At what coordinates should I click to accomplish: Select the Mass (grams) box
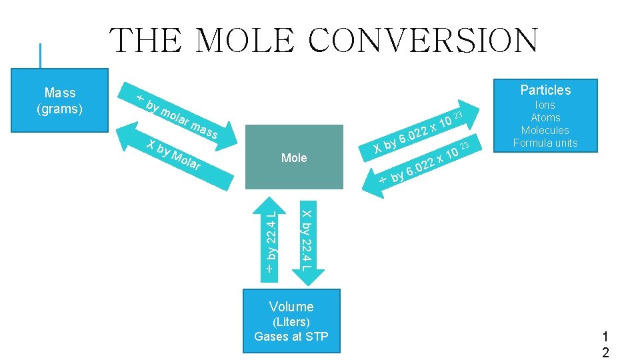click(60, 100)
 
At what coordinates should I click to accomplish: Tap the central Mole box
click(294, 158)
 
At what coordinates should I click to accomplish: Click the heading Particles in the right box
click(545, 90)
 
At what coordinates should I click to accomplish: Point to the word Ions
click(545, 105)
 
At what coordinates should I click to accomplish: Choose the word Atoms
click(545, 117)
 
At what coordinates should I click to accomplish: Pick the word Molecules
click(545, 130)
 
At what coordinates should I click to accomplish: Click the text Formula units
click(545, 143)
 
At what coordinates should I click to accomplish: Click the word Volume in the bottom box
click(291, 307)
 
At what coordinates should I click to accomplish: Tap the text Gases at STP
click(291, 336)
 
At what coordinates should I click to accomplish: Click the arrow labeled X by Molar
click(170, 156)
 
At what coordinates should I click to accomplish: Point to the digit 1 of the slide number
click(605, 338)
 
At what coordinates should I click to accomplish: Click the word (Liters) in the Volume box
click(291, 322)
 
